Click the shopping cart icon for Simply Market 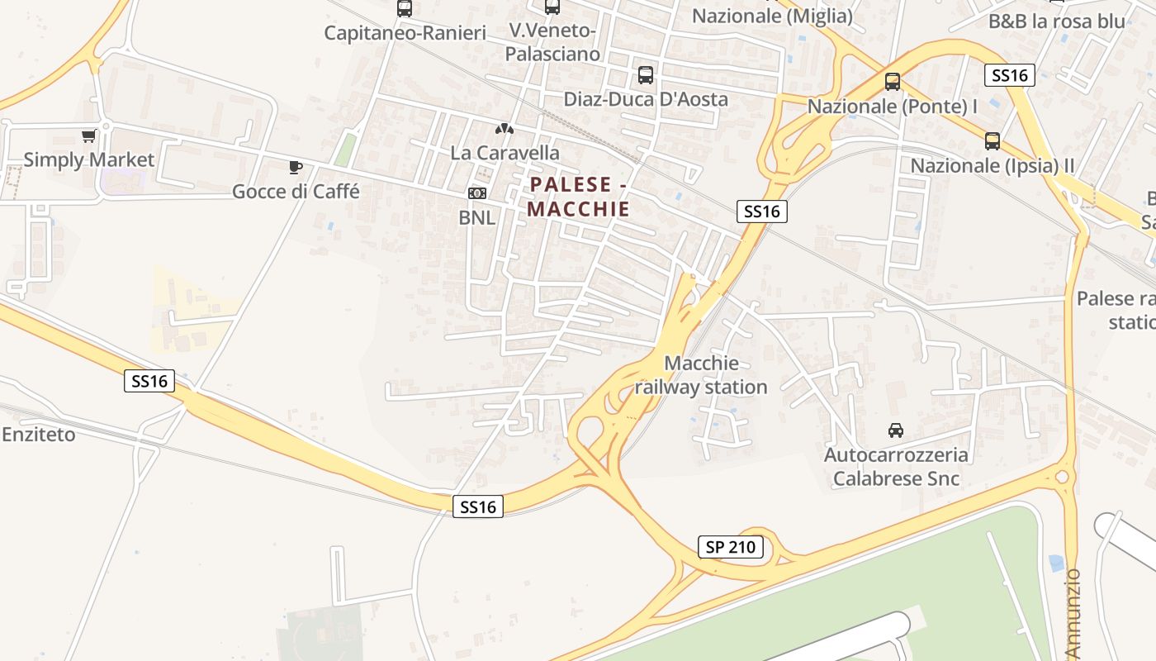click(88, 136)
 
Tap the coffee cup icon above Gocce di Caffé click(296, 168)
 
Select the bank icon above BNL click(477, 193)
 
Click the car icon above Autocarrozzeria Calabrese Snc click(896, 430)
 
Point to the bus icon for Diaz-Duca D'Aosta click(646, 75)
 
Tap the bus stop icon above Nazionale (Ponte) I click(893, 82)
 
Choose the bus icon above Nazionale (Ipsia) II click(993, 141)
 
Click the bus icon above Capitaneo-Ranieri click(405, 8)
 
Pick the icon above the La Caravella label click(504, 129)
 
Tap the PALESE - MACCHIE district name click(579, 197)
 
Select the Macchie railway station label click(701, 375)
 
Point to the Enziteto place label click(39, 435)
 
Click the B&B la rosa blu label click(1057, 21)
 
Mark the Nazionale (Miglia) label click(772, 16)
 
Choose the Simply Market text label click(89, 159)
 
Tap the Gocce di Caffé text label click(296, 192)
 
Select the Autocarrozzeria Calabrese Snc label click(896, 467)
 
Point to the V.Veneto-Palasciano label click(552, 42)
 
